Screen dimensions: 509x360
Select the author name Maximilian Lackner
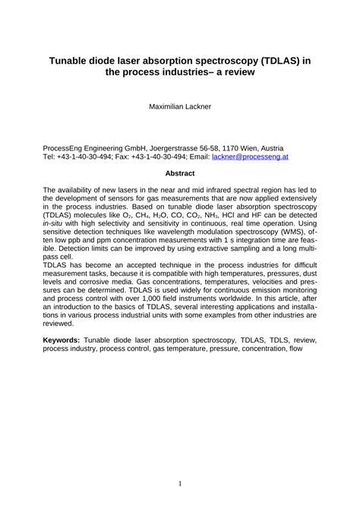click(x=179, y=107)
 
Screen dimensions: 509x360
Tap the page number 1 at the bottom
click(x=179, y=461)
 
